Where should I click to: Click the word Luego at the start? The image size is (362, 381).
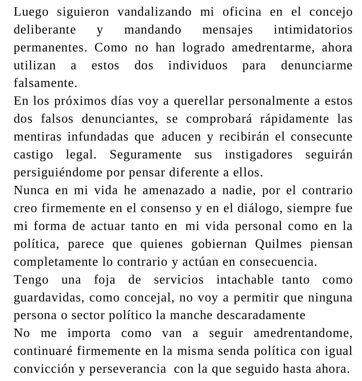[31, 12]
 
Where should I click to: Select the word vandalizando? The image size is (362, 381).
[154, 12]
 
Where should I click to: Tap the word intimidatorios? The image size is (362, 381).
[313, 30]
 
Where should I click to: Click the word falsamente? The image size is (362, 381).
[45, 83]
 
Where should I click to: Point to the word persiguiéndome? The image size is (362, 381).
[57, 173]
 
